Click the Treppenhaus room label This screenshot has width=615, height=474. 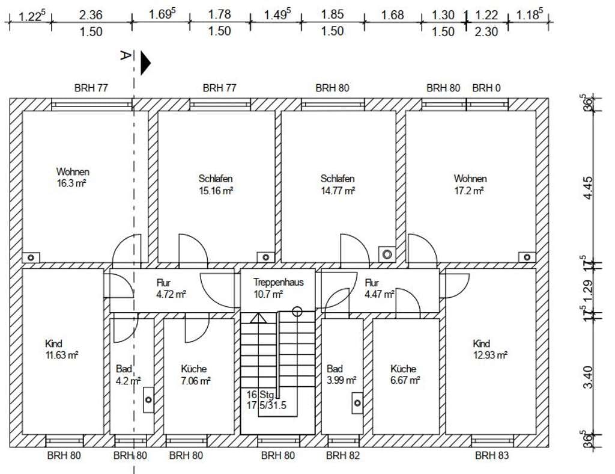click(x=278, y=282)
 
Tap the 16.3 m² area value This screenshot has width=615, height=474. click(x=71, y=183)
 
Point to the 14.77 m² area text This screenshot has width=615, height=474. click(x=338, y=191)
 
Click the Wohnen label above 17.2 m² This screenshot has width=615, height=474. click(x=470, y=179)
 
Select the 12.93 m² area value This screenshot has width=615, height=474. click(x=490, y=355)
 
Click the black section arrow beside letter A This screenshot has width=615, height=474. click(x=145, y=63)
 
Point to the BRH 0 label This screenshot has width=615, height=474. click(x=486, y=88)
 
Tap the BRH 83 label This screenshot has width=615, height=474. click(x=492, y=455)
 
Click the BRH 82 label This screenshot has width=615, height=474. click(x=343, y=455)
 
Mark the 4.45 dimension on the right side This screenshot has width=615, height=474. click(x=589, y=188)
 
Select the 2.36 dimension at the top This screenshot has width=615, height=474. click(x=91, y=15)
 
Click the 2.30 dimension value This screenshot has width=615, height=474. click(x=486, y=32)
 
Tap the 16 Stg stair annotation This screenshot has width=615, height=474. click(x=260, y=395)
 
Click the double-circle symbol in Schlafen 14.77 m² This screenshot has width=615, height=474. click(x=387, y=254)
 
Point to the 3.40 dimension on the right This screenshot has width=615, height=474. click(x=589, y=377)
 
